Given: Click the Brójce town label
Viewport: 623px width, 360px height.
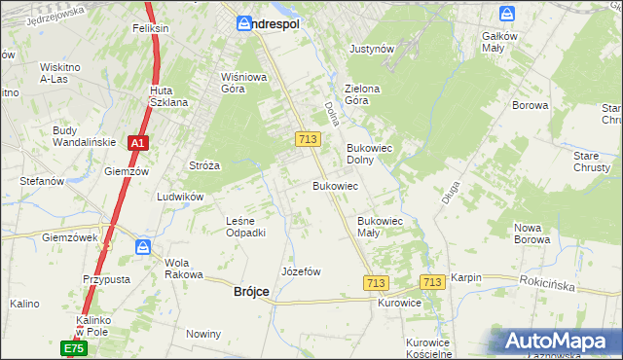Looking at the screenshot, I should click(251, 292).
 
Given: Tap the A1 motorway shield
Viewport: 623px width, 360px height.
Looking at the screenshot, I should click(138, 143).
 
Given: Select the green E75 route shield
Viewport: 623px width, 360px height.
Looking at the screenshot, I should click(75, 347).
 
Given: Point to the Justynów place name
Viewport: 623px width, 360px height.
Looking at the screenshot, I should click(371, 48).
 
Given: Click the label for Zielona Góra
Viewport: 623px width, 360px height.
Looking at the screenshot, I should click(361, 94).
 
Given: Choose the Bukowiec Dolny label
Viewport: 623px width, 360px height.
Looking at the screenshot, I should click(369, 155).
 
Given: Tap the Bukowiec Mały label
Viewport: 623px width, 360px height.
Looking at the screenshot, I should click(381, 227).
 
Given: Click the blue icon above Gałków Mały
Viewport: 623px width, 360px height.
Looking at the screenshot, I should click(507, 14).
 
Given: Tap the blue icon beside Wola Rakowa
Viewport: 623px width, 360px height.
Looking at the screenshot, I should click(143, 247).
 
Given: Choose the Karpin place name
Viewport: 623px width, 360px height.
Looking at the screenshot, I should click(466, 277).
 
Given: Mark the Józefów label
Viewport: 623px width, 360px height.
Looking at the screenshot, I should click(301, 271).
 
